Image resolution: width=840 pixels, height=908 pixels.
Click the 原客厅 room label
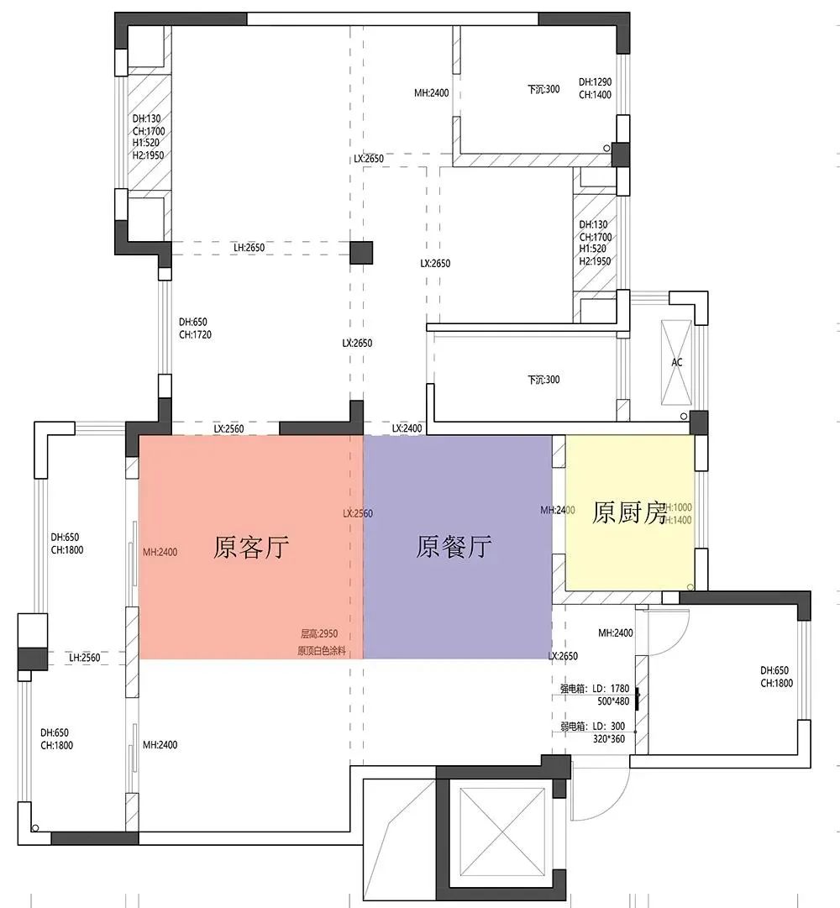pyautogui.click(x=251, y=549)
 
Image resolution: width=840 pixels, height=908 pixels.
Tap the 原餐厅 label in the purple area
pyautogui.click(x=454, y=548)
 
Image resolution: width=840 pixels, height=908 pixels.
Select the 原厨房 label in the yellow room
pyautogui.click(x=629, y=512)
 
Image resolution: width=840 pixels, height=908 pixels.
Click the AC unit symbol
pyautogui.click(x=677, y=363)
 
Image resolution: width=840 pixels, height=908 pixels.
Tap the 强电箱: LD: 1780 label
pyautogui.click(x=594, y=688)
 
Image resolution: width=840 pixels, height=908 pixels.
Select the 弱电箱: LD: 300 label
pyautogui.click(x=593, y=726)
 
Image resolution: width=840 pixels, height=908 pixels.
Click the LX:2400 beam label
pyautogui.click(x=407, y=429)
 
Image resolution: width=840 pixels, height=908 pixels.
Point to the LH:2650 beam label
pyautogui.click(x=249, y=248)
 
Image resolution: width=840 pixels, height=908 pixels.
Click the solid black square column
pyautogui.click(x=361, y=253)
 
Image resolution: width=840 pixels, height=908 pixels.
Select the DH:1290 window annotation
pyautogui.click(x=595, y=82)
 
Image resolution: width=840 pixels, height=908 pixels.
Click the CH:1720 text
pyautogui.click(x=195, y=334)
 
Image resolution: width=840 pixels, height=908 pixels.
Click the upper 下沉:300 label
pyautogui.click(x=543, y=89)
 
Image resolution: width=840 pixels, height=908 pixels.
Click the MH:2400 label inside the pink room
pyautogui.click(x=160, y=552)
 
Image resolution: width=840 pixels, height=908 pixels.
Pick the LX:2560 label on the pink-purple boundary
pyautogui.click(x=358, y=513)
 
